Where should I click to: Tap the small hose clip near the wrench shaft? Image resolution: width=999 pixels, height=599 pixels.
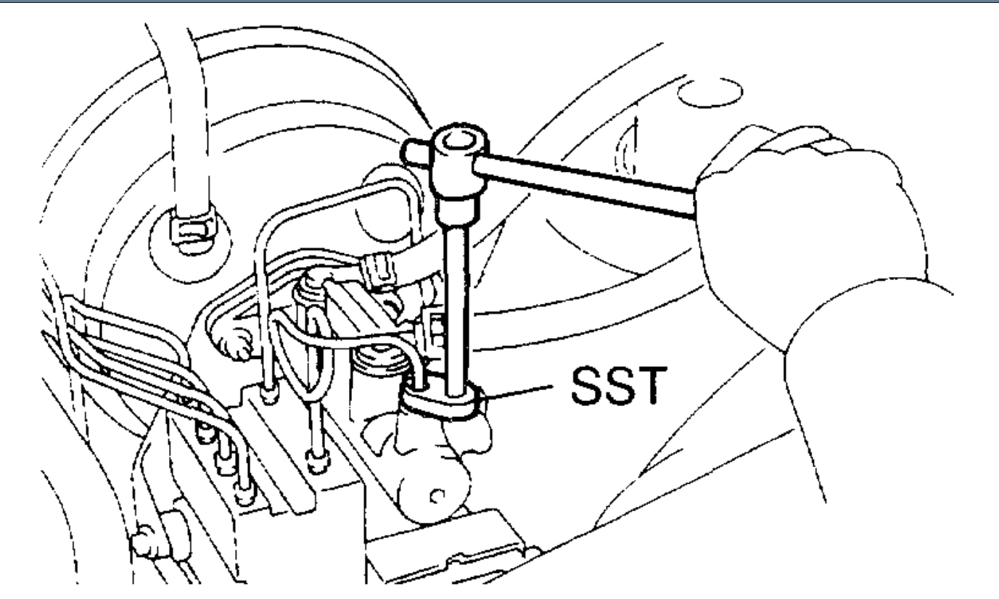click(x=378, y=268)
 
